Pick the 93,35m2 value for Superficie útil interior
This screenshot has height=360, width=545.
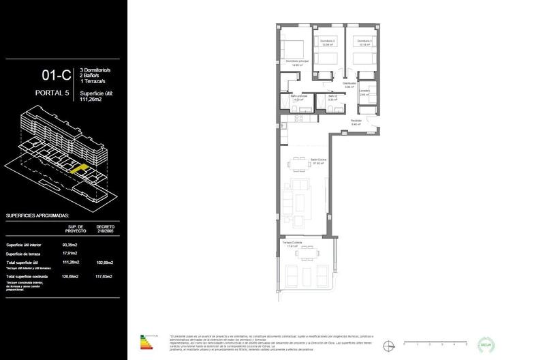[70, 244]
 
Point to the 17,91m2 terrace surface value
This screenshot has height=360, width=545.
[70, 253]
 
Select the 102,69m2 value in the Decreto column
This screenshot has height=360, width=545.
[105, 262]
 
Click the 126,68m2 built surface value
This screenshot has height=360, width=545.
[70, 276]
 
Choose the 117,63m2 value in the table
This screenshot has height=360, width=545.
[105, 276]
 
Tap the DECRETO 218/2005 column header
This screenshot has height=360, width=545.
[106, 228]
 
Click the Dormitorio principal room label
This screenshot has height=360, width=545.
[298, 61]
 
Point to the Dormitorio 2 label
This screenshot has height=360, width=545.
[328, 42]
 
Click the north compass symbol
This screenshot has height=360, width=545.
[389, 344]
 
